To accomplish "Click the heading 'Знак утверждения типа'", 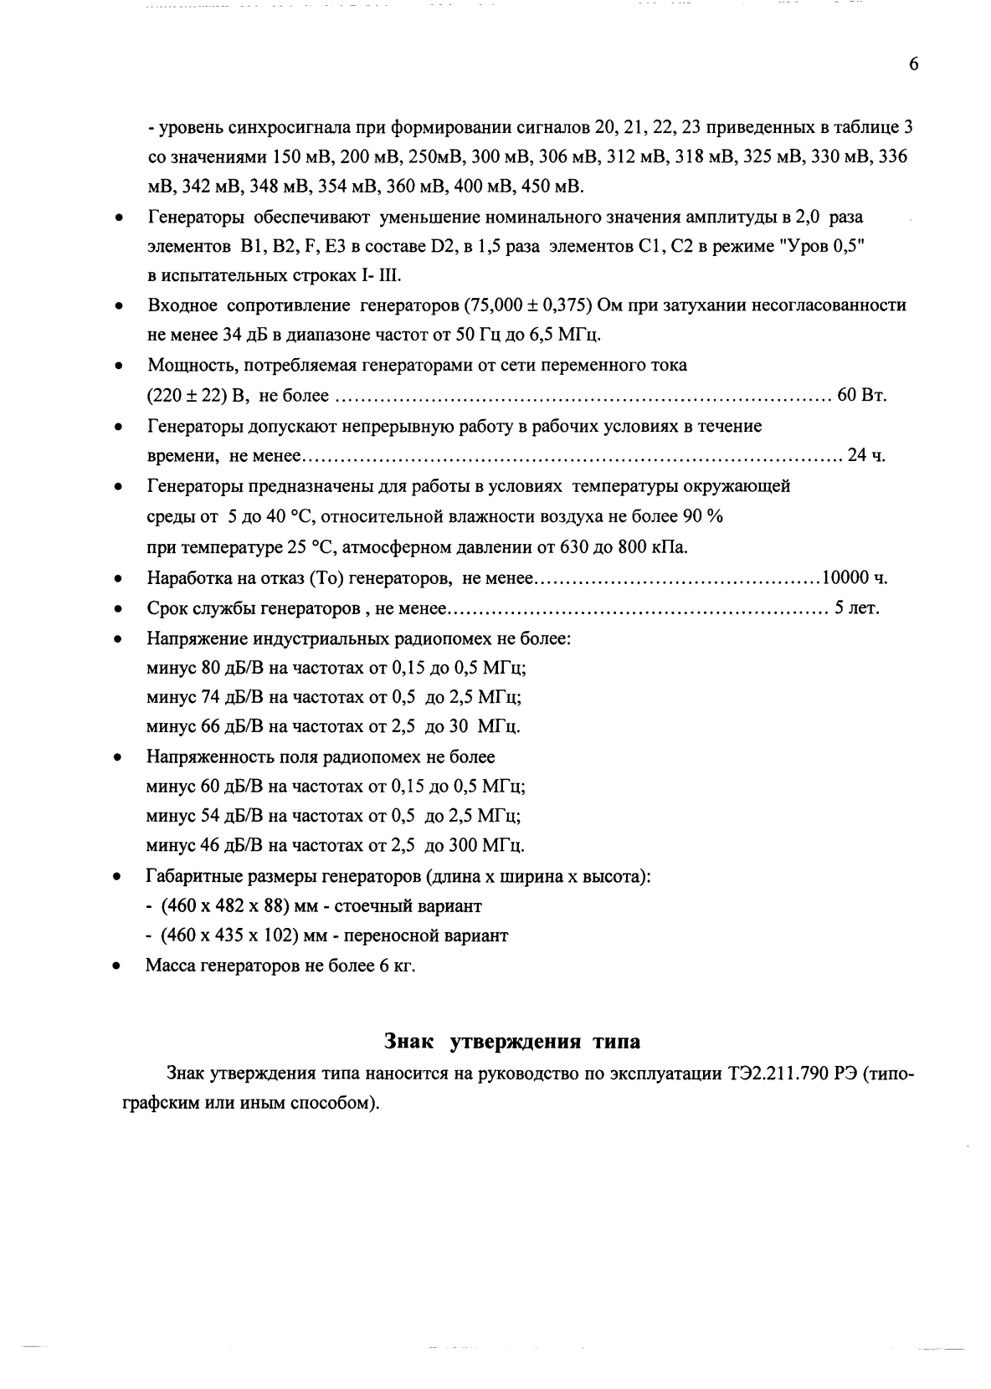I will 512,1042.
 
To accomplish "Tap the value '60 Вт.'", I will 862,395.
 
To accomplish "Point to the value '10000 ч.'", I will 855,577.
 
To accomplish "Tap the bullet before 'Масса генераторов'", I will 120,966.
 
